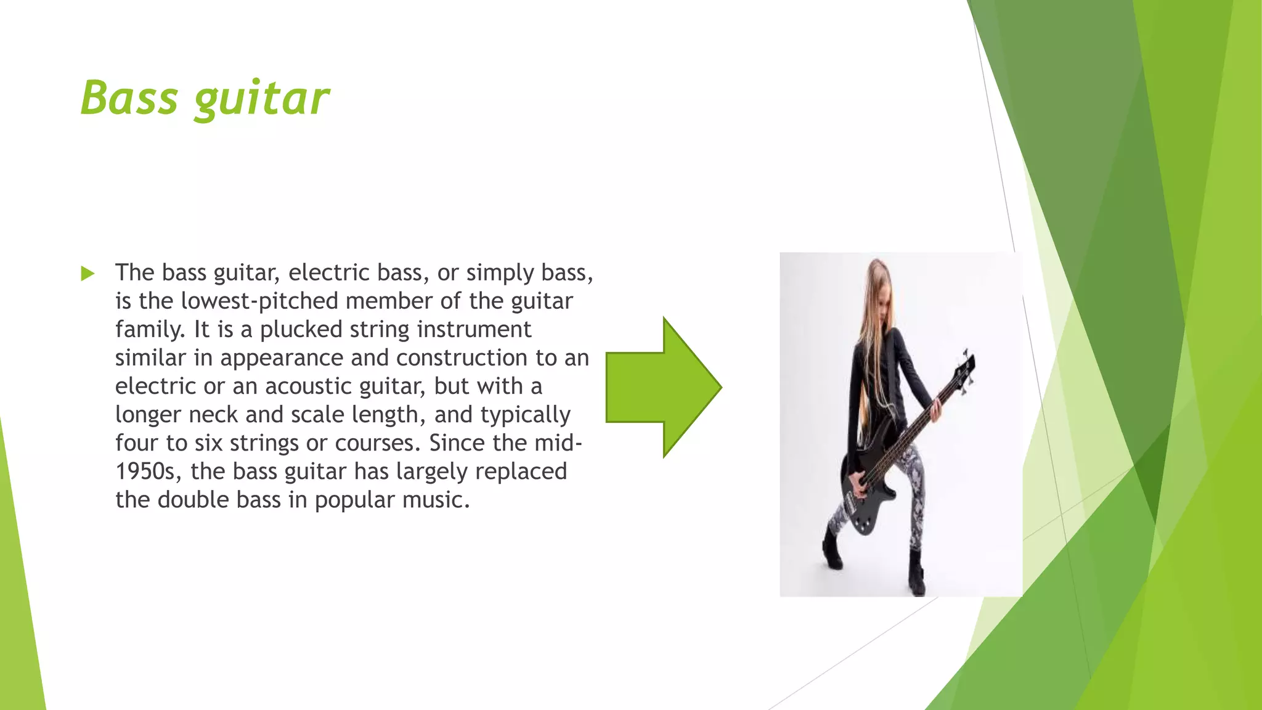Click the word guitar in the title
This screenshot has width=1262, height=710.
click(x=262, y=99)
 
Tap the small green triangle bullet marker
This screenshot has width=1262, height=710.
click(x=88, y=274)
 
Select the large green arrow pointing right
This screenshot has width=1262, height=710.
click(x=663, y=387)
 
